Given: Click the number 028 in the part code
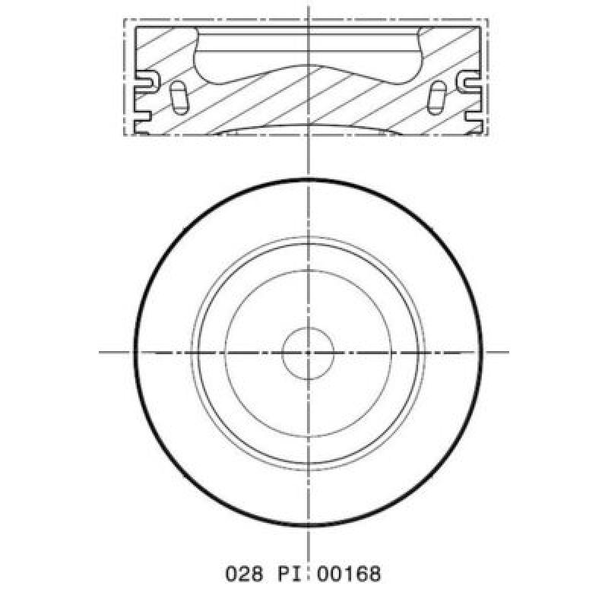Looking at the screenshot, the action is pos(244,574).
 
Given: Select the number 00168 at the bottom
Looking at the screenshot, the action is pos(349,574).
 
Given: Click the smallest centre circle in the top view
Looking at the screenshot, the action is pos(308,353).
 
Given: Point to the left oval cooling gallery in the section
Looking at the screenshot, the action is pos(179,98).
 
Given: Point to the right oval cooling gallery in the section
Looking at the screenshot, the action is pos(437,98).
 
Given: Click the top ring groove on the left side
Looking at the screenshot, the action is pos(146,81).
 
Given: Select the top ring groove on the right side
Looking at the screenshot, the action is pos(469,81).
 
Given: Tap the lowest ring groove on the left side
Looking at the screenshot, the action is pos(141,116).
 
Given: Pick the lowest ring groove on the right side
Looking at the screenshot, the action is pos(473,116).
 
